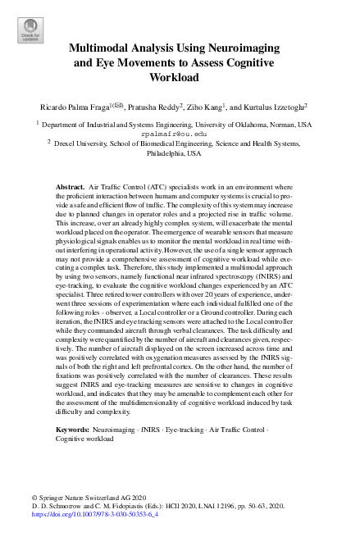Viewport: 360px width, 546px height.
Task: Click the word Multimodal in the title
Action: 103,48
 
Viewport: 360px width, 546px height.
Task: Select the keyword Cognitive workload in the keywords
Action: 85,439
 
